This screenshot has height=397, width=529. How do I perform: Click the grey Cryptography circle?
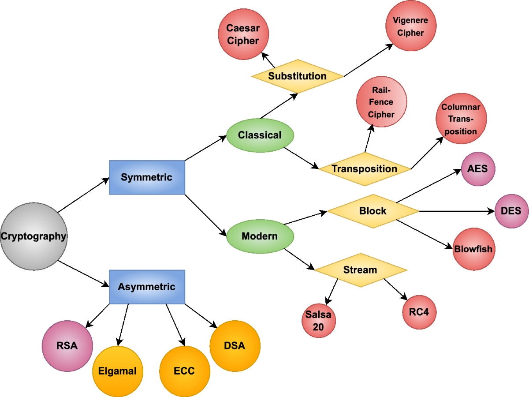pos(33,236)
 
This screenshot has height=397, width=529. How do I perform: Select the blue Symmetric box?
pos(147,177)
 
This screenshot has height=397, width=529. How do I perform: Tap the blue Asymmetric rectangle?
pos(147,287)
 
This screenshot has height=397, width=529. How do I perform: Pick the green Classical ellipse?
pos(260,135)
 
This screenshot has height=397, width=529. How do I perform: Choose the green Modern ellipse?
pos(260,236)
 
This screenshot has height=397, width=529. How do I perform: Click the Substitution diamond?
pos(298,76)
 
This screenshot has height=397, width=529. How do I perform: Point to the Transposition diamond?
pos(364,169)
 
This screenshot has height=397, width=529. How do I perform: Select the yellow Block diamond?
pos(373,211)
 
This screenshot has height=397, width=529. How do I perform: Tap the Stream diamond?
pos(360,270)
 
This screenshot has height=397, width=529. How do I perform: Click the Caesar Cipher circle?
pos(243,34)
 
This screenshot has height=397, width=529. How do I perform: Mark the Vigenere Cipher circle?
pos(410,26)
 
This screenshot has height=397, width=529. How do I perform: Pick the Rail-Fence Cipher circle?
pos(382,102)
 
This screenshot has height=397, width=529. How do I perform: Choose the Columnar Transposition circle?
pos(461,119)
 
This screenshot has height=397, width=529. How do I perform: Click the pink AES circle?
pos(478,169)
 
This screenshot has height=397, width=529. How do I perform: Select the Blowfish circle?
pos(473,249)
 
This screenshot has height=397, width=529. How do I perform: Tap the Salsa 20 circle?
pos(318,321)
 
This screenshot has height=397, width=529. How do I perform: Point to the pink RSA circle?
pos(67,345)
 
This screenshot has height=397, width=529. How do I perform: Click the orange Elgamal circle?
pos(117,371)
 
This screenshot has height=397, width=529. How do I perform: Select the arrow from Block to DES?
pos(454,211)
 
